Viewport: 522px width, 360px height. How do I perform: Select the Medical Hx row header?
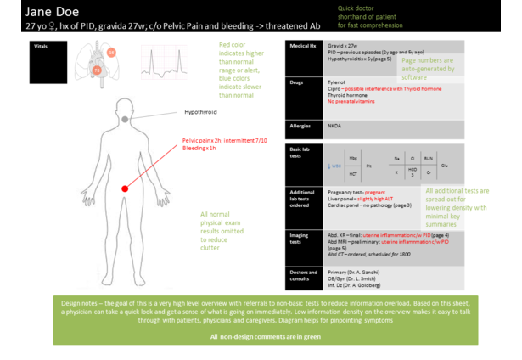(x=304, y=46)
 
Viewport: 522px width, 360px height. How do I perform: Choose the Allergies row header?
(x=300, y=125)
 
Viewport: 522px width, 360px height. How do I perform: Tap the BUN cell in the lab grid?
(x=429, y=159)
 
